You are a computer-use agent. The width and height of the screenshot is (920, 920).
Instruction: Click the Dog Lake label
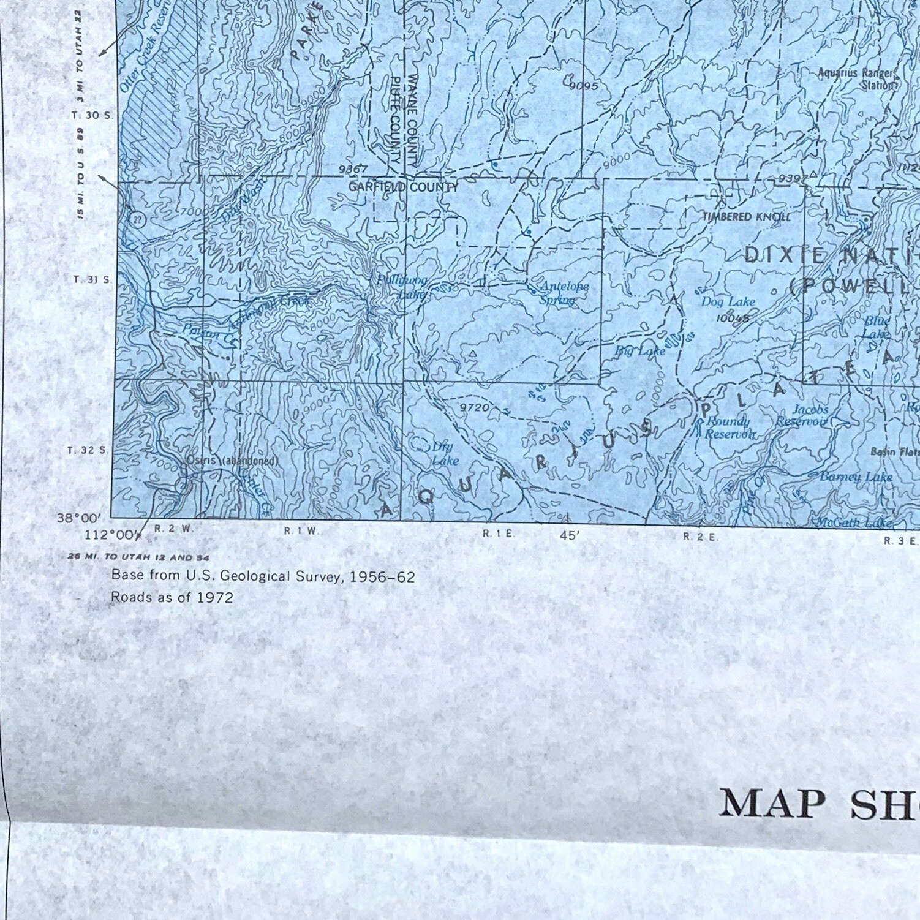click(x=728, y=301)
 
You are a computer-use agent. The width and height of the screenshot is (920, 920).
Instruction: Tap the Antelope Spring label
click(x=560, y=293)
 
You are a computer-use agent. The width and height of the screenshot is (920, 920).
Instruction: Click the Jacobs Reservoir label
click(x=803, y=415)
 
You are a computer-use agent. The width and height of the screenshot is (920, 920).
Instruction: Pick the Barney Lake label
click(x=856, y=477)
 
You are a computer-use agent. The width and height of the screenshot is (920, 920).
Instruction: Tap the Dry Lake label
click(x=444, y=454)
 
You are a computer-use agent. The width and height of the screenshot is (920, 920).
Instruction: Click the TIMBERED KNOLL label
click(x=746, y=216)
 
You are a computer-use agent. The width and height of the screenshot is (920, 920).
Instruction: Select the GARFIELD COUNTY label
click(x=402, y=187)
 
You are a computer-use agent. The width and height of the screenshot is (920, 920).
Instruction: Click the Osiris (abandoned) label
click(x=232, y=461)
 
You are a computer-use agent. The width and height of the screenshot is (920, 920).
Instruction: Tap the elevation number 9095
click(x=583, y=86)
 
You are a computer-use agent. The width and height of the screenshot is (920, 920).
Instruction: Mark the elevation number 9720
click(x=475, y=407)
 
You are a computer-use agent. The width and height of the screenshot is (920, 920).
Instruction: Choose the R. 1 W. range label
click(x=301, y=531)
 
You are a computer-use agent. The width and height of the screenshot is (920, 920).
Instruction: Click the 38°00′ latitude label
click(x=79, y=518)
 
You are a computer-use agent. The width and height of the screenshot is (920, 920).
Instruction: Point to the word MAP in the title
click(x=772, y=804)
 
